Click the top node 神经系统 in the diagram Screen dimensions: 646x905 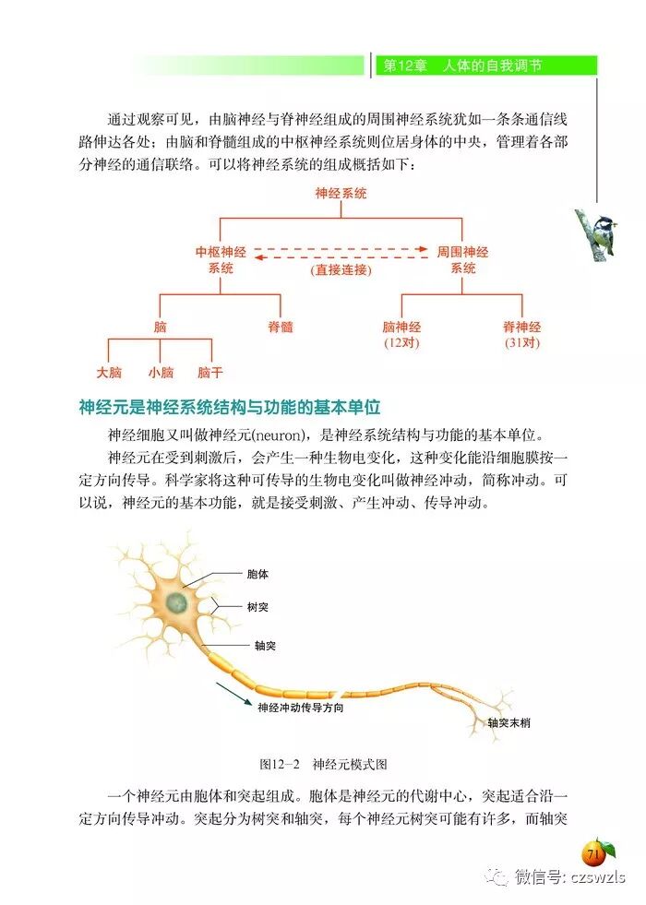point(341,194)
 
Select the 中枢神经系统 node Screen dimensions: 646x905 point(220,259)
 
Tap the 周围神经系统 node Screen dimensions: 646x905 point(462,259)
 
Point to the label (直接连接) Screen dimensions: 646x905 point(341,270)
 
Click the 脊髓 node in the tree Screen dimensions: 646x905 point(281,327)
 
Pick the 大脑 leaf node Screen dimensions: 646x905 point(109,373)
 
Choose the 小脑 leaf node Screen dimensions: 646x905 point(161,373)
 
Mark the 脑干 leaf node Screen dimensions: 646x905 point(211,373)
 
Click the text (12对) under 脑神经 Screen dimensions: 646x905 point(401,343)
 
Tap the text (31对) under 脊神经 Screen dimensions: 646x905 point(522,343)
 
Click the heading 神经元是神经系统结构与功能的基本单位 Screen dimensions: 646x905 point(230,407)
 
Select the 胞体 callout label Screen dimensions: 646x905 point(257,574)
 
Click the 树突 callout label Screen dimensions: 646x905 point(257,608)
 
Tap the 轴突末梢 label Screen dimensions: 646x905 point(509,722)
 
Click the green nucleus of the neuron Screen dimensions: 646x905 point(175,604)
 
